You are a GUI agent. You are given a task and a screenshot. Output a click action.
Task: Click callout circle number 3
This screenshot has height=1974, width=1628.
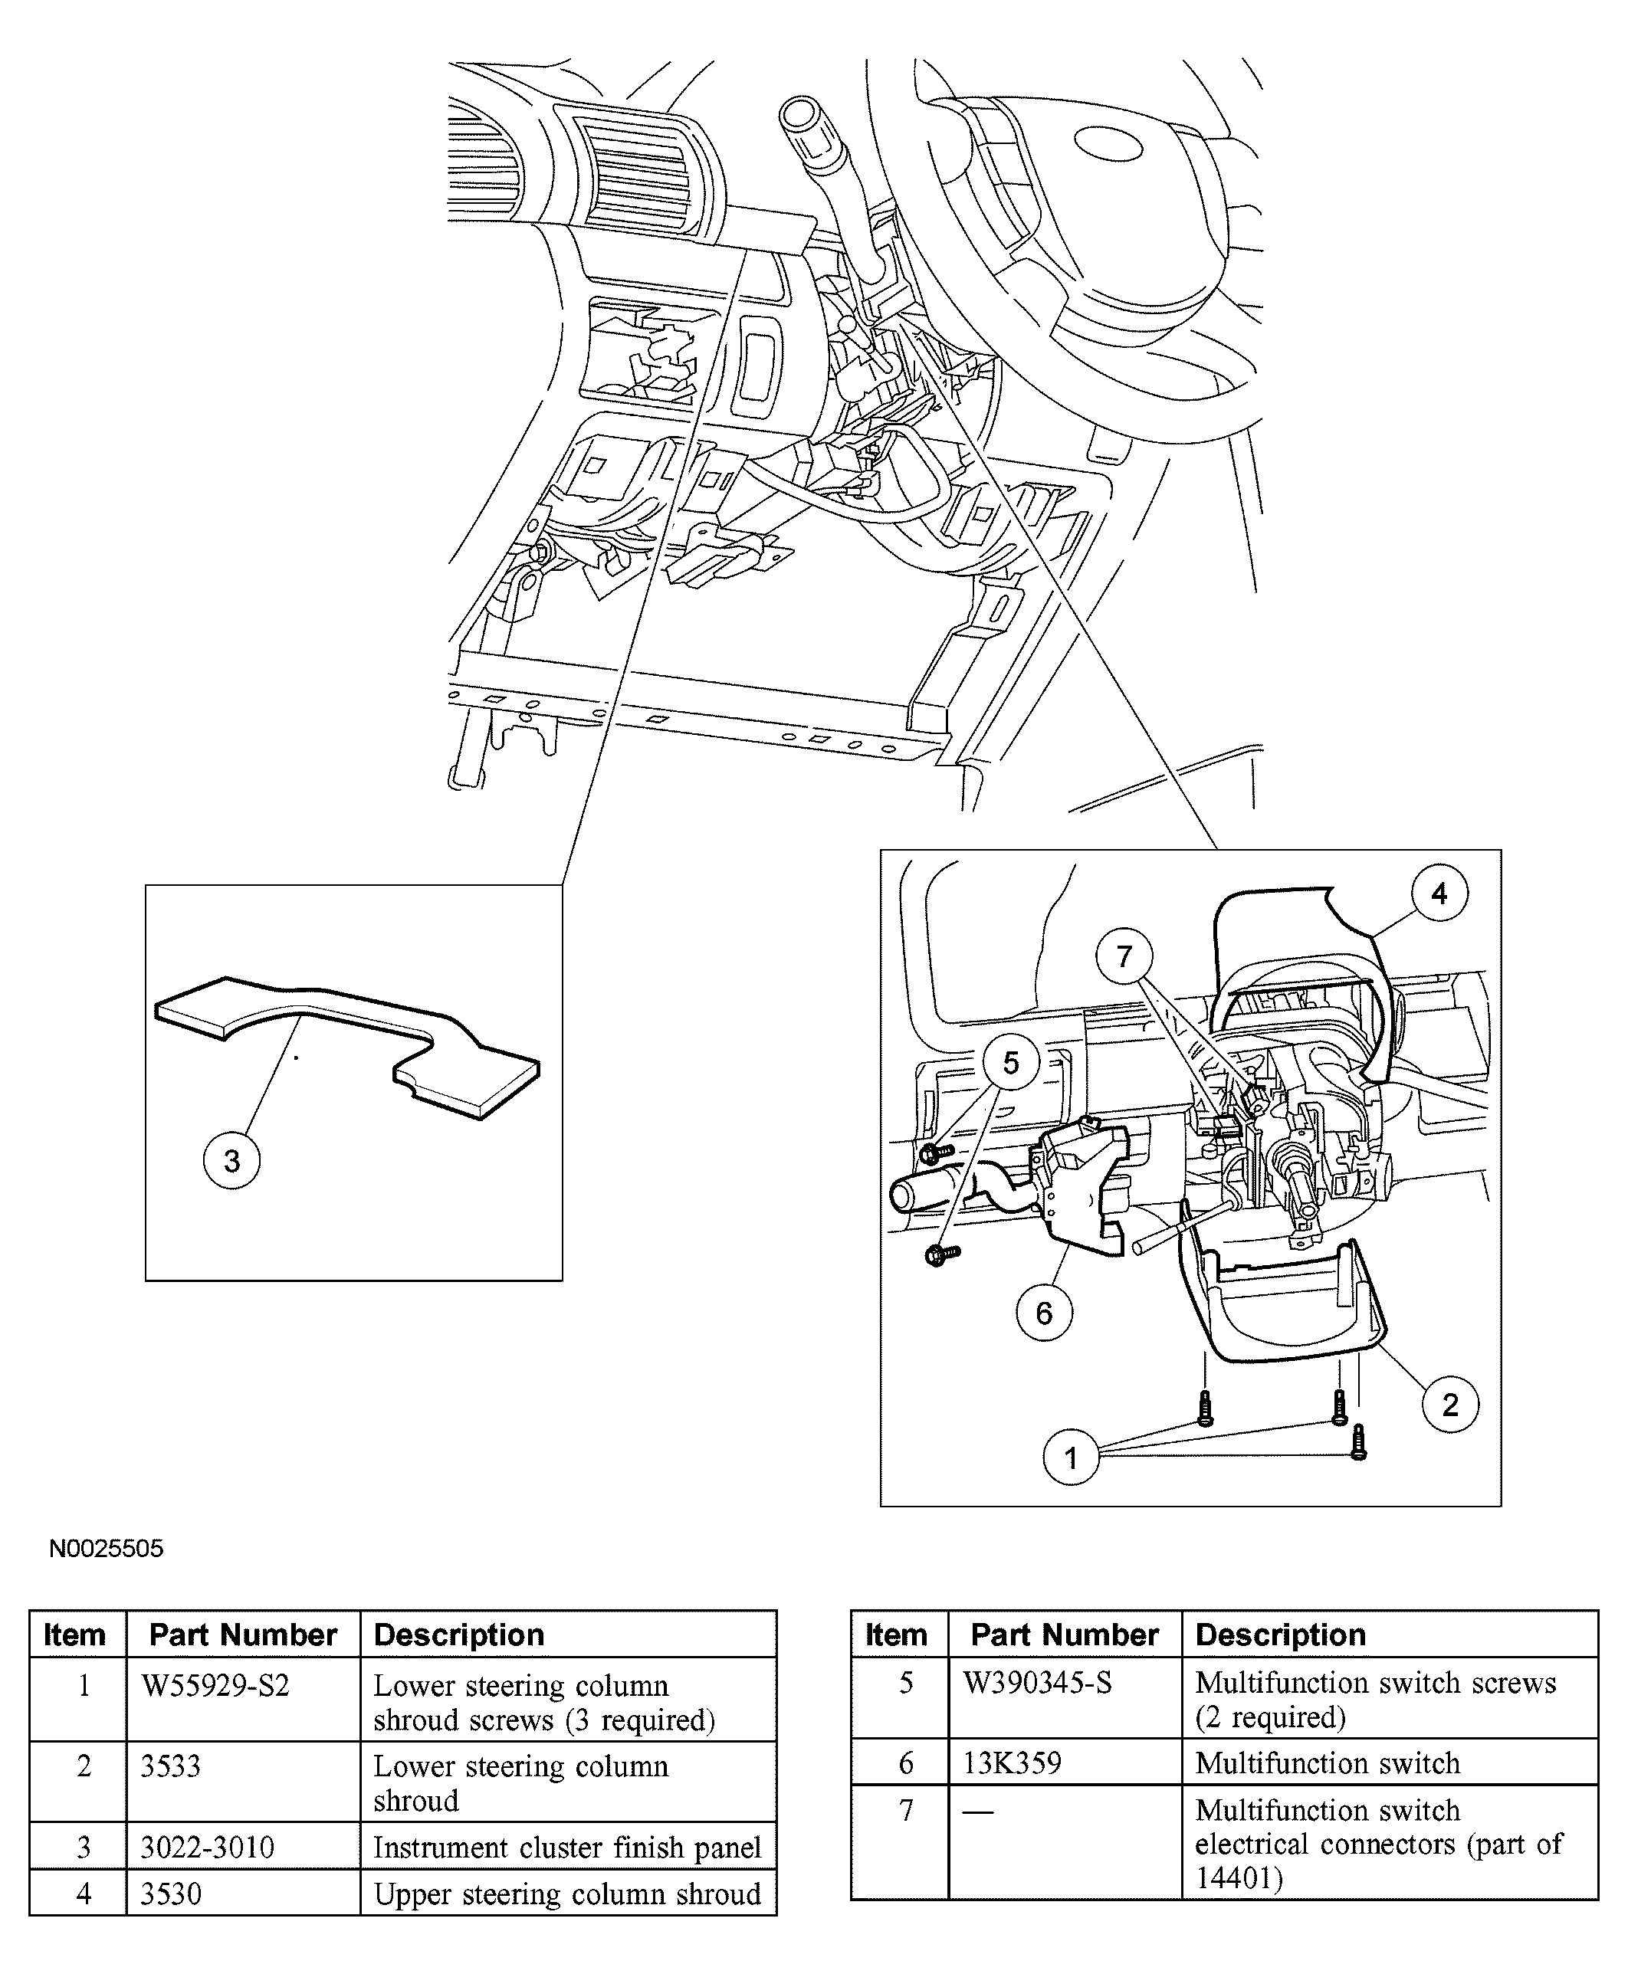click(231, 1162)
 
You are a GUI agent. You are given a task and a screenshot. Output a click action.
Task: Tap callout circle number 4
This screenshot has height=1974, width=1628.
click(1439, 894)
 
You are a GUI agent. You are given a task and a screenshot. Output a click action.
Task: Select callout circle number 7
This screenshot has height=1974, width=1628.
click(1124, 956)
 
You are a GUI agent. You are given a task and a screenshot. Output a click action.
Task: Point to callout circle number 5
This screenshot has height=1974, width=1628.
click(1010, 1063)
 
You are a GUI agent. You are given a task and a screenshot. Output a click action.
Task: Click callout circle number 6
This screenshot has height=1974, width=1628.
click(1044, 1313)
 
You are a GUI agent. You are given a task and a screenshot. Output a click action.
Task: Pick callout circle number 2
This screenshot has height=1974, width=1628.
click(1450, 1405)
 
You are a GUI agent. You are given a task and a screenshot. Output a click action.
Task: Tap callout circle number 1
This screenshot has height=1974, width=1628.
click(1071, 1458)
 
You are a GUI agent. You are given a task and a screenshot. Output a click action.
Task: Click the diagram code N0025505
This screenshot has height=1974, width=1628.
click(106, 1549)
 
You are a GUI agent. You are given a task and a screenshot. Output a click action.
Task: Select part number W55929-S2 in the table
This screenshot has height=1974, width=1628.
click(215, 1686)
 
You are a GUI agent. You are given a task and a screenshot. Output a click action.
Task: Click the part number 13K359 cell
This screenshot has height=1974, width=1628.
click(1012, 1763)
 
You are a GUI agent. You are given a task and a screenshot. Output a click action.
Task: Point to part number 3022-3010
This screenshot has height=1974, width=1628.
click(207, 1848)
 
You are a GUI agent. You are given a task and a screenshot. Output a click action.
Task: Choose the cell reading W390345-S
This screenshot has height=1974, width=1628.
click(1037, 1684)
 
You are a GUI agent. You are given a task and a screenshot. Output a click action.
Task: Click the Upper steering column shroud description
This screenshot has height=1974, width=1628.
click(566, 1894)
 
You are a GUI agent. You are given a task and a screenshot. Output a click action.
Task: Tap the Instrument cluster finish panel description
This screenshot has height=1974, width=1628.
click(566, 1848)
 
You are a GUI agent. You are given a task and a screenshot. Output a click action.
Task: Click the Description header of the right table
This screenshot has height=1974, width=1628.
click(1280, 1635)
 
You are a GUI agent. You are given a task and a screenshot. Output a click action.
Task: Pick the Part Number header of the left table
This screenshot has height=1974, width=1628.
click(243, 1635)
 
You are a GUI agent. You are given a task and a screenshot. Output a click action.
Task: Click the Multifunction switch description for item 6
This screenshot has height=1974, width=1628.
click(1327, 1763)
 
